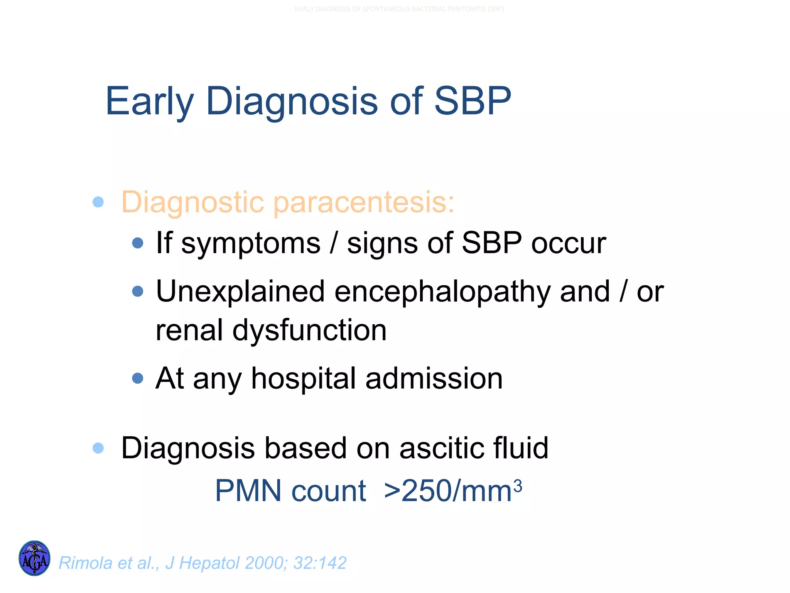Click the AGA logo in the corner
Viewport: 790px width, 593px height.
pyautogui.click(x=34, y=558)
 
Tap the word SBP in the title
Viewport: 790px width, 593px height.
pyautogui.click(x=473, y=101)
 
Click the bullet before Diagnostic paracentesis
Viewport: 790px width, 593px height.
pyautogui.click(x=98, y=202)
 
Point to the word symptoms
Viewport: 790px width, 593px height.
pyautogui.click(x=251, y=244)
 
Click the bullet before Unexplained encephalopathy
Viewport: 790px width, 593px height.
pyautogui.click(x=137, y=291)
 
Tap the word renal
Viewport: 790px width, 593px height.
pyautogui.click(x=189, y=330)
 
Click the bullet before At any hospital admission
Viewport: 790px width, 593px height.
pyautogui.click(x=137, y=378)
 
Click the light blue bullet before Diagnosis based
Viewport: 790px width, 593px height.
pyautogui.click(x=98, y=448)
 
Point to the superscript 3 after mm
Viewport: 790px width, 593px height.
pyautogui.click(x=518, y=485)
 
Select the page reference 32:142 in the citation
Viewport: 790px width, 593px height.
pyautogui.click(x=320, y=563)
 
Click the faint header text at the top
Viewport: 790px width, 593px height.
pyautogui.click(x=399, y=9)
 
